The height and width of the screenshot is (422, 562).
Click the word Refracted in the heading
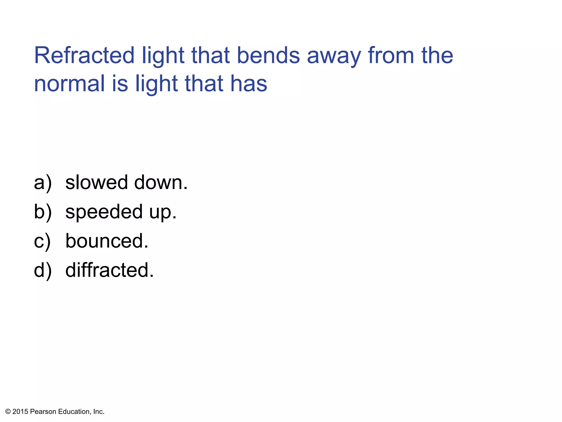click(x=84, y=55)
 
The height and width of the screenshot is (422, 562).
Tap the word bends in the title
click(x=268, y=55)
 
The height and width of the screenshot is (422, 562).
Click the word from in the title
click(x=391, y=55)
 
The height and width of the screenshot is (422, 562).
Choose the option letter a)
click(x=43, y=183)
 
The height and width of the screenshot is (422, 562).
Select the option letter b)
click(x=43, y=212)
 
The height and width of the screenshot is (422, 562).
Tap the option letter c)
click(x=42, y=241)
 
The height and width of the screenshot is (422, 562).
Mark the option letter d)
click(x=43, y=270)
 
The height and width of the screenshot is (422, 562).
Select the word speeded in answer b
click(x=104, y=212)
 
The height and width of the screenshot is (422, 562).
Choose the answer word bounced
click(x=107, y=241)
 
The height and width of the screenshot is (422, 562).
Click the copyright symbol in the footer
click(x=8, y=412)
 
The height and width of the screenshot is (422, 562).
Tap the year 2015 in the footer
click(x=20, y=412)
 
